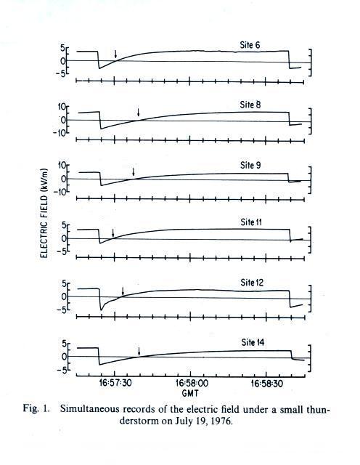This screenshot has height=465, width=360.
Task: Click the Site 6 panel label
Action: pos(250,45)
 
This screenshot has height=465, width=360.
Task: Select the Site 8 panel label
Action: pos(250,105)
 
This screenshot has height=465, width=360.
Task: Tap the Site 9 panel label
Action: pos(250,165)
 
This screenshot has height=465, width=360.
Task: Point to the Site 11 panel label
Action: pos(251,222)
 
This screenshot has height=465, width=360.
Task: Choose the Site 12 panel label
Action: pos(252,283)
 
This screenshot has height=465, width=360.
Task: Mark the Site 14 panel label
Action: pos(253,342)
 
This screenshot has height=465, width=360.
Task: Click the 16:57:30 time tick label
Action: pos(115,383)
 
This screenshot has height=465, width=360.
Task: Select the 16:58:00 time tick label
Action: pos(192,383)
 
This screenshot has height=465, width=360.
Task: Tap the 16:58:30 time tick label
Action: pos(266,383)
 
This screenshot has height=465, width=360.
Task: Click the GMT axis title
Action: pos(190,393)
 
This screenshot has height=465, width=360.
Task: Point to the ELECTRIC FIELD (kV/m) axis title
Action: pos(44,213)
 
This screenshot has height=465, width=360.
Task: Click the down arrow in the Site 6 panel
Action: pos(115,54)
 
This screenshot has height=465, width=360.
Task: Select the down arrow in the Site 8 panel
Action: pos(138,113)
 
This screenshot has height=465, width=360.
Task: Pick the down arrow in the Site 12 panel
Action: pos(123,291)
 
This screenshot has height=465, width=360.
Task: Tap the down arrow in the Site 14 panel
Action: pos(139,352)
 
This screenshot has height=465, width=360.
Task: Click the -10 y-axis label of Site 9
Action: pos(60,192)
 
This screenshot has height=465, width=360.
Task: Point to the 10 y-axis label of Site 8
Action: pos(62,107)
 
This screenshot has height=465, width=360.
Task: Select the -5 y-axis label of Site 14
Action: pos(63,369)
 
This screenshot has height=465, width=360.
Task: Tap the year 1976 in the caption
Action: pos(221,421)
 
